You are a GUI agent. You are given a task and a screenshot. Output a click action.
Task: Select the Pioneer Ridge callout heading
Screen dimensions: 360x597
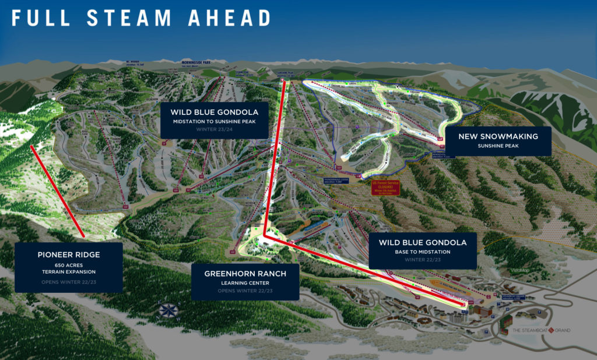click(69, 254)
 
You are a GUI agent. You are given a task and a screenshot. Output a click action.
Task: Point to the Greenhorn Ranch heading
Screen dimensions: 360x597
click(244, 274)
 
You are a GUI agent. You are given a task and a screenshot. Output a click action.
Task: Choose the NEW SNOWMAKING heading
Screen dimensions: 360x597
click(497, 137)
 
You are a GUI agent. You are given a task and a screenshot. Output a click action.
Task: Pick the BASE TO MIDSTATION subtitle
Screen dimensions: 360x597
click(423, 251)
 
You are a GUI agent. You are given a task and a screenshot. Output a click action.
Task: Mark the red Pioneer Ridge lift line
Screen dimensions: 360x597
click(57, 191)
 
